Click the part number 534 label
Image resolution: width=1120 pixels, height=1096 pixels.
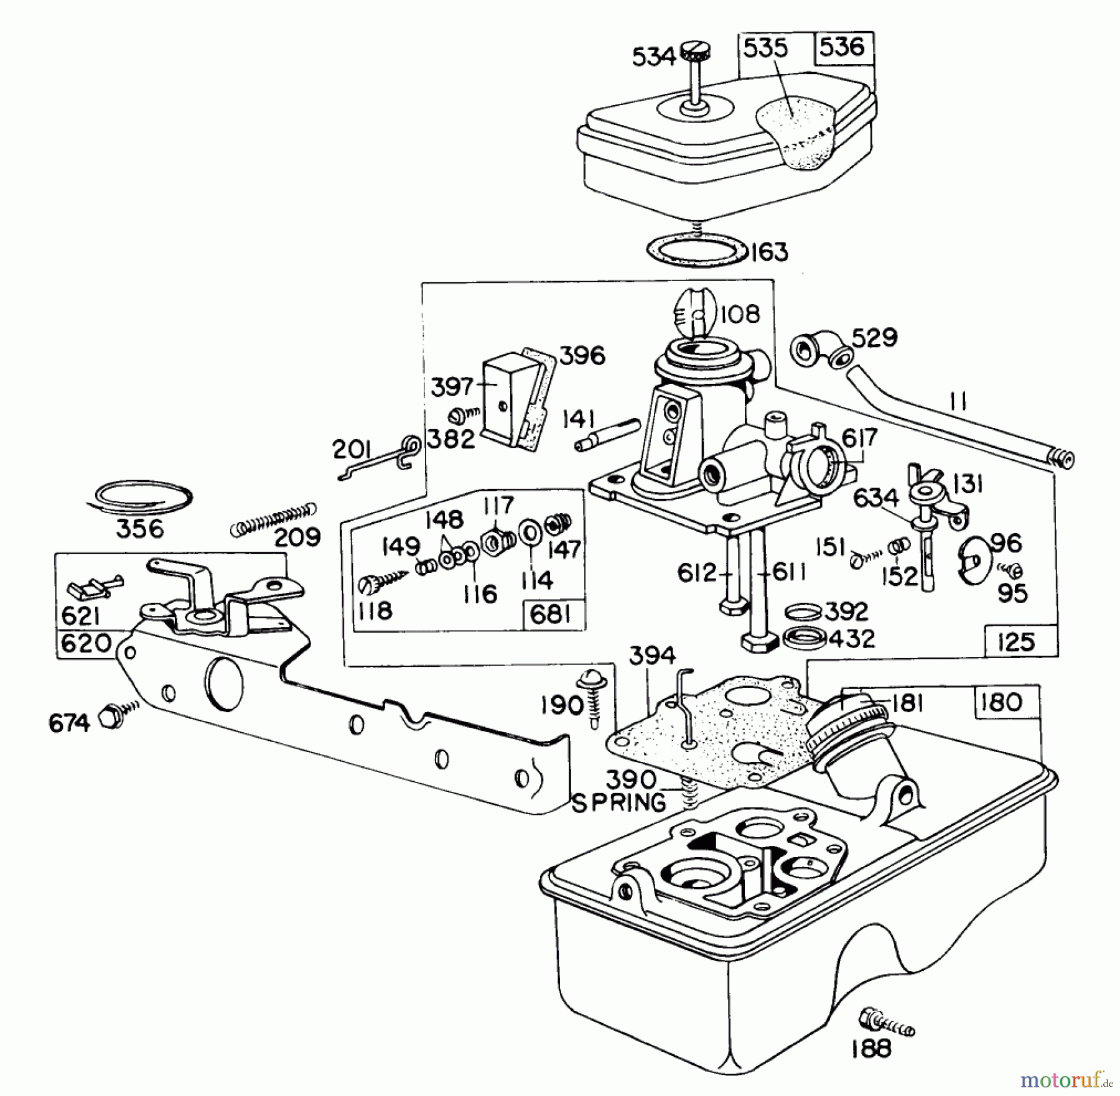point(653,57)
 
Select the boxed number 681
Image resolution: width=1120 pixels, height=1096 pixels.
point(551,615)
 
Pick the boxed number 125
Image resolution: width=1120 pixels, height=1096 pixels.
point(1015,642)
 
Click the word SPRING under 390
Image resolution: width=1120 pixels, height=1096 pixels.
point(618,802)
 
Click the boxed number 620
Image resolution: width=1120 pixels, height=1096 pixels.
point(86,643)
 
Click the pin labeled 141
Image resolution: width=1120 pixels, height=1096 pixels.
point(607,436)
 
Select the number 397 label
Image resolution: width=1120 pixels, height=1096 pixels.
point(452,386)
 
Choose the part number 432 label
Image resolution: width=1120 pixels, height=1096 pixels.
point(852,638)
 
